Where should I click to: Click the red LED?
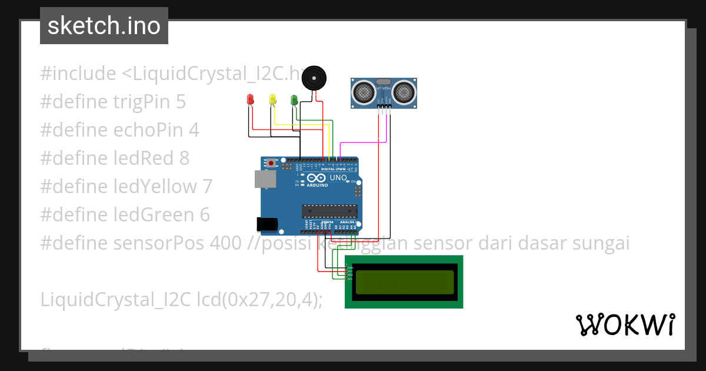[x=250, y=99]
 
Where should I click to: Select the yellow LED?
[x=272, y=99]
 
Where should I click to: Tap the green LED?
[x=294, y=100]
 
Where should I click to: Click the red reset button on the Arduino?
[x=271, y=163]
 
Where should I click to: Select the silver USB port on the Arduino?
[x=265, y=179]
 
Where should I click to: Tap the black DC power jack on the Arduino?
[x=267, y=224]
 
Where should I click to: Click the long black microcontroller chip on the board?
[x=329, y=210]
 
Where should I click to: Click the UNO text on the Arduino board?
[x=338, y=177]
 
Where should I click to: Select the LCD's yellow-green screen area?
[x=405, y=282]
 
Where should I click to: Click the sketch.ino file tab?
[x=104, y=26]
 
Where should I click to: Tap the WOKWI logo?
[x=625, y=324]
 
